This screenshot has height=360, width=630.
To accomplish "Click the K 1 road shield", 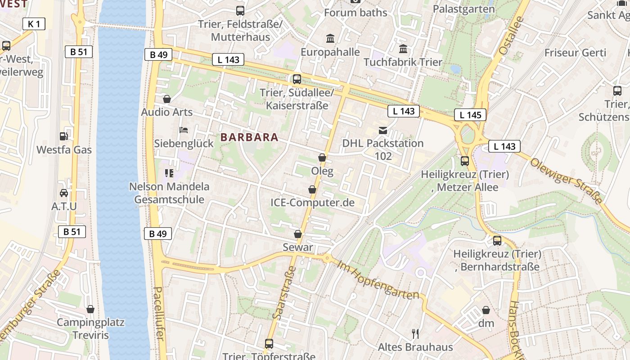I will [x=34, y=24].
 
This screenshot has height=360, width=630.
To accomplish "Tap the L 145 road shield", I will [x=470, y=115].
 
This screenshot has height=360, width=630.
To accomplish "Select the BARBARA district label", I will [x=250, y=137].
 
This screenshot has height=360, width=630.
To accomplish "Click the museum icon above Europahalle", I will [x=330, y=39].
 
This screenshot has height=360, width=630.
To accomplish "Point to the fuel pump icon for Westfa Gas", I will [x=64, y=136].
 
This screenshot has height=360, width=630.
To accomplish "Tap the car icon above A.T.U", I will [x=64, y=193].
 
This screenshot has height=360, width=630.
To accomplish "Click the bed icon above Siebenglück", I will [x=184, y=130].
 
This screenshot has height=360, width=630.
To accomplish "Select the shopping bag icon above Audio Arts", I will [x=167, y=99].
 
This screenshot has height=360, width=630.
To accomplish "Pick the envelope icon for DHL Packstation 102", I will [x=383, y=130].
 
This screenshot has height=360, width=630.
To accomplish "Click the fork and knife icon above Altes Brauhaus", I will [x=415, y=333].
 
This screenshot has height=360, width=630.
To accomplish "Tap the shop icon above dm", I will [x=486, y=310].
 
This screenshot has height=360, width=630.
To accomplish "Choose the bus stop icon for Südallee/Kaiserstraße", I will [x=297, y=79].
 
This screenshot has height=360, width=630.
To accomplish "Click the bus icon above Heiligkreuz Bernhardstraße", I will [x=497, y=240].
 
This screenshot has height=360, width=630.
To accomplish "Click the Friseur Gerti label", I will [x=575, y=53].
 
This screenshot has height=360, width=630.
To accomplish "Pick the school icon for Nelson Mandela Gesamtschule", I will [x=169, y=173].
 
